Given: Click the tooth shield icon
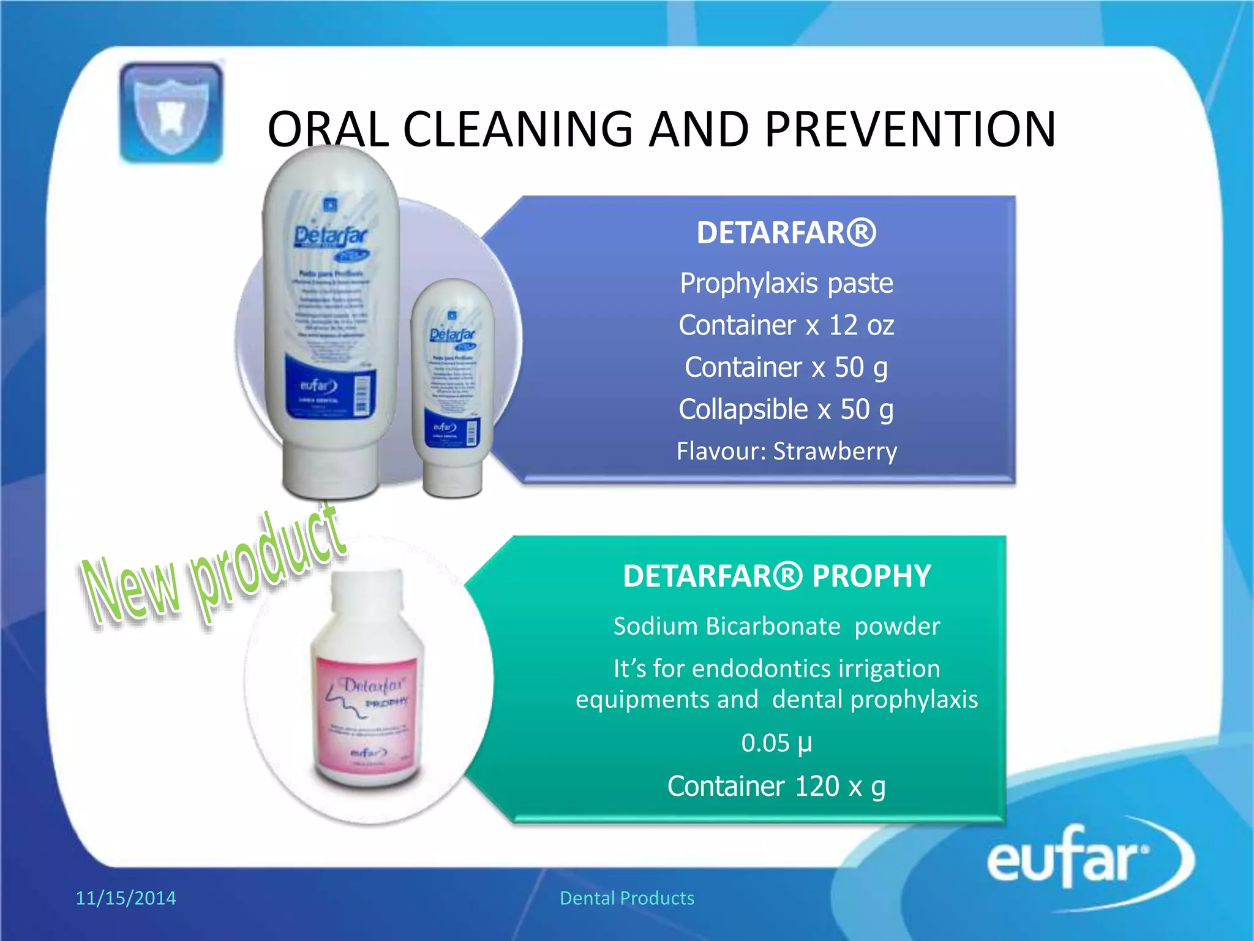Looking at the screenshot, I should click(171, 113).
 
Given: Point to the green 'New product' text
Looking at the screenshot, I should click(214, 573).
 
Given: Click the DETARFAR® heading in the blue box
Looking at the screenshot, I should click(786, 233).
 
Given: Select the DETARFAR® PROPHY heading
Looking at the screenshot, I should click(776, 576).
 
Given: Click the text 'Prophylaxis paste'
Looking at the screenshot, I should click(786, 284).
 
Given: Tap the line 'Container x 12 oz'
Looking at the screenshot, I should click(786, 325).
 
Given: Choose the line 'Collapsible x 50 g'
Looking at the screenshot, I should click(786, 410).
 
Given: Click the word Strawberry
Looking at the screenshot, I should click(835, 452).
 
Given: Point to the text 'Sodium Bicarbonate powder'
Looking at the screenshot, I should click(776, 627).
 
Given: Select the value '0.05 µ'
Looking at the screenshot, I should click(776, 743).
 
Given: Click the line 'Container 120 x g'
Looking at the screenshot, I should click(776, 787).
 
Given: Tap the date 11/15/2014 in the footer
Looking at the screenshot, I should click(126, 898).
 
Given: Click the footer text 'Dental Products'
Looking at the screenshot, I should click(627, 898).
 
